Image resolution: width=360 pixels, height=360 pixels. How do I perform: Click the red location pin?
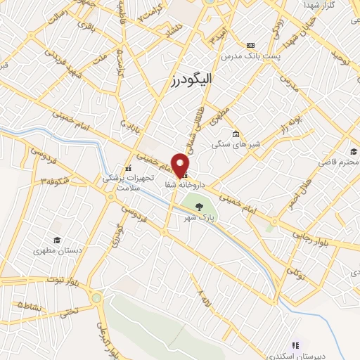(181, 165)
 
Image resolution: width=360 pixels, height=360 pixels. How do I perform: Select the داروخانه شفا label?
(184, 185)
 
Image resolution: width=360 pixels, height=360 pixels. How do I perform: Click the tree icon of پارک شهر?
(199, 206)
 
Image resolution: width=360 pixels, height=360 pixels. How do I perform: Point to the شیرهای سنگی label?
(236, 145)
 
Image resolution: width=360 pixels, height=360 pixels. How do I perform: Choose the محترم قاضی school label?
(338, 162)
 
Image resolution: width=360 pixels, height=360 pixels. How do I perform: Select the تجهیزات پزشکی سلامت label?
(129, 184)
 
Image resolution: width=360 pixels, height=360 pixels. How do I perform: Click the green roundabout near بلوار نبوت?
(96, 297)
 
